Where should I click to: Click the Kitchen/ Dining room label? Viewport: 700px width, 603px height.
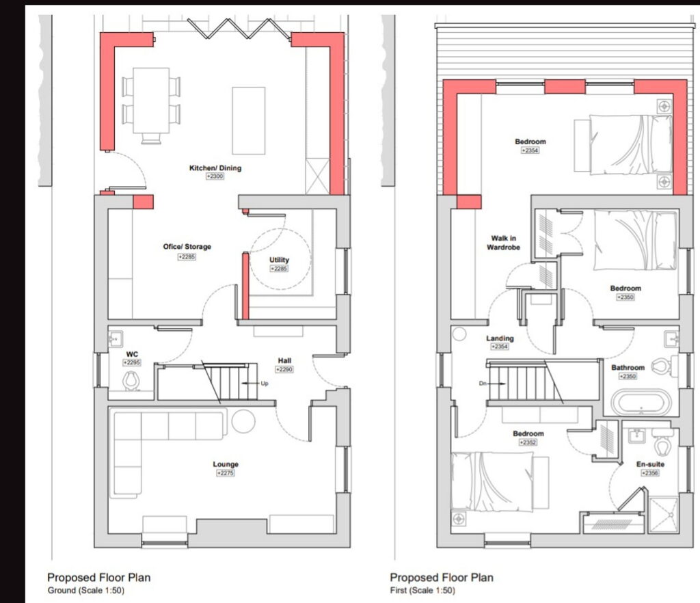[215, 167]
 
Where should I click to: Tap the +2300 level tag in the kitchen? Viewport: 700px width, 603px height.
[215, 176]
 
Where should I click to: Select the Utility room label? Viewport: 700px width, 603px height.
[279, 260]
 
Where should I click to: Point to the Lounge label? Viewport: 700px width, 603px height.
[226, 464]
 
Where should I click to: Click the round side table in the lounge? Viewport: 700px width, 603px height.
[243, 421]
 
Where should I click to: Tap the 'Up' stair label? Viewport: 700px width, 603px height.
[265, 384]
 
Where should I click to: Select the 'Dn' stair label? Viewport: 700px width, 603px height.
[483, 384]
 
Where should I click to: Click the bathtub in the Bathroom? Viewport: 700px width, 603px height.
[641, 403]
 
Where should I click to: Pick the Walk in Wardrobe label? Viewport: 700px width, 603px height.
[503, 243]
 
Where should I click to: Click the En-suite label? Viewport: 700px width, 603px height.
[650, 464]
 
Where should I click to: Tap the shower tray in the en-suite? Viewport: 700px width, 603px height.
[663, 515]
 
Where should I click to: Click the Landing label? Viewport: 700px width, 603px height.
[500, 338]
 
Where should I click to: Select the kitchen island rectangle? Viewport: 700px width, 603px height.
[249, 120]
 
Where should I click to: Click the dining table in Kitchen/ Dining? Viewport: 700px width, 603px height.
[151, 100]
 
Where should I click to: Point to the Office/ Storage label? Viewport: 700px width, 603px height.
[187, 246]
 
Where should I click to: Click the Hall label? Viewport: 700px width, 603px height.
[284, 361]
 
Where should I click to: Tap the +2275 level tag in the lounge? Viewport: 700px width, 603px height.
[226, 473]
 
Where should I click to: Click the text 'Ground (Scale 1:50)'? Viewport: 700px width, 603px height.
[85, 591]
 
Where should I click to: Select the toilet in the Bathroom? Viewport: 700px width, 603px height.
[661, 366]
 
